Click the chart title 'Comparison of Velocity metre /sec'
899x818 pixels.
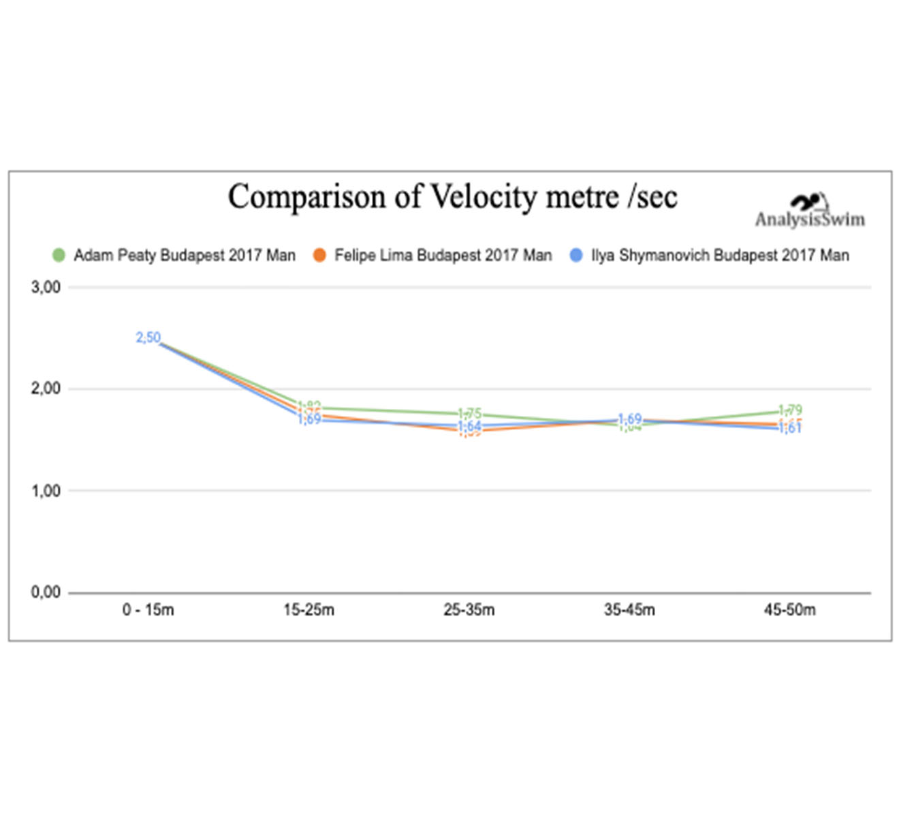coord(452,197)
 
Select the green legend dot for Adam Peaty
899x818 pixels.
coord(59,256)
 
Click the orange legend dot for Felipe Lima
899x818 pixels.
coord(319,256)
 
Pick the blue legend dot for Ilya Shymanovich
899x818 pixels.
coord(576,256)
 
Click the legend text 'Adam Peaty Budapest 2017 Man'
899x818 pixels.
coord(185,256)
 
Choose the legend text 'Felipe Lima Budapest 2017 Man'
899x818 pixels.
coord(443,256)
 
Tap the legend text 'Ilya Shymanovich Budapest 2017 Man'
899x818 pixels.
coord(720,256)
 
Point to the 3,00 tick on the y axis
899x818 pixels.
coord(46,288)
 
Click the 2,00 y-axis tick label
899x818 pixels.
coord(46,389)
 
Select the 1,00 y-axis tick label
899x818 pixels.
coord(46,491)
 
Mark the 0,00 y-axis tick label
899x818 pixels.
coord(46,592)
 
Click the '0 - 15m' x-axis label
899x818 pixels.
coord(148,610)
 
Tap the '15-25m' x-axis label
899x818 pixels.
coord(309,610)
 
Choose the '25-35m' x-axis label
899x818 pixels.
coord(469,610)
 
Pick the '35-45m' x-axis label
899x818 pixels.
coord(629,610)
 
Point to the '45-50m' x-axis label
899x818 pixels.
coord(789,610)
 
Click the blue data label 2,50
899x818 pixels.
coord(148,337)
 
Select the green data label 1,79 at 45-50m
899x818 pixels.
coord(790,410)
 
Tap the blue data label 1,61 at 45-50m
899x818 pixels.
coord(790,429)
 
